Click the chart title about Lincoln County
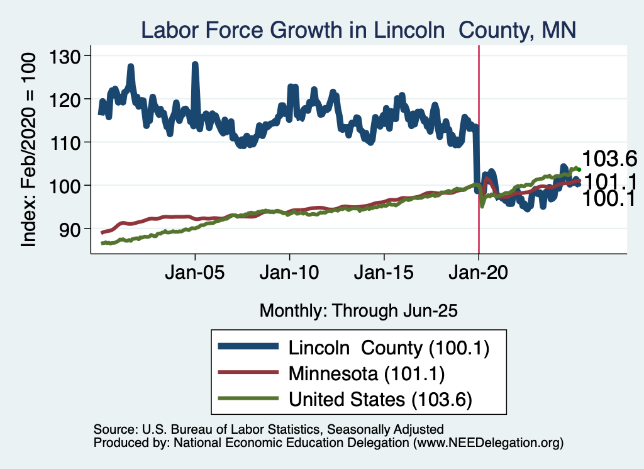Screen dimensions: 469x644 (x=358, y=30)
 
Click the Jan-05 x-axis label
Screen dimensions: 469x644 (x=195, y=275)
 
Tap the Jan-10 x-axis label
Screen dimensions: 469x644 (x=289, y=275)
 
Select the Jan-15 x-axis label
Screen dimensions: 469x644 (x=384, y=275)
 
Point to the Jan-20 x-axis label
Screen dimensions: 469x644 (x=479, y=275)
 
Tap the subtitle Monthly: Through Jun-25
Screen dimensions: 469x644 (x=358, y=310)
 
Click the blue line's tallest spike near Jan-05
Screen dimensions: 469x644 (x=195, y=64)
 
